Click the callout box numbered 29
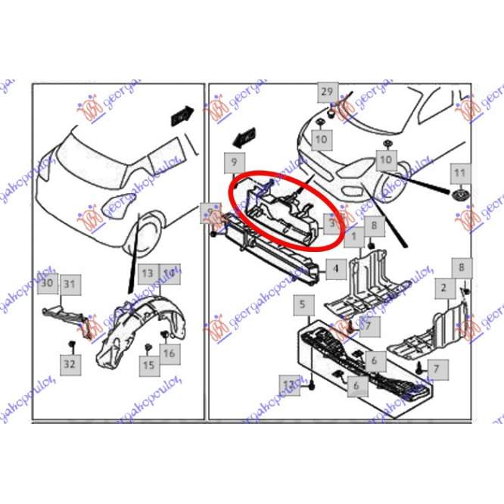[x=326, y=92]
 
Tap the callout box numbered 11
[x=459, y=173]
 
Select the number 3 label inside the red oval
[x=331, y=223]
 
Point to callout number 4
[x=336, y=267]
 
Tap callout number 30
[x=48, y=283]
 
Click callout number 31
[x=70, y=284]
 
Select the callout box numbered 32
[x=70, y=363]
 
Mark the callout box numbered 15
[x=148, y=366]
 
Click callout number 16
[x=168, y=353]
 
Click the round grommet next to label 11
[x=459, y=198]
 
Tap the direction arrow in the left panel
[x=182, y=117]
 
